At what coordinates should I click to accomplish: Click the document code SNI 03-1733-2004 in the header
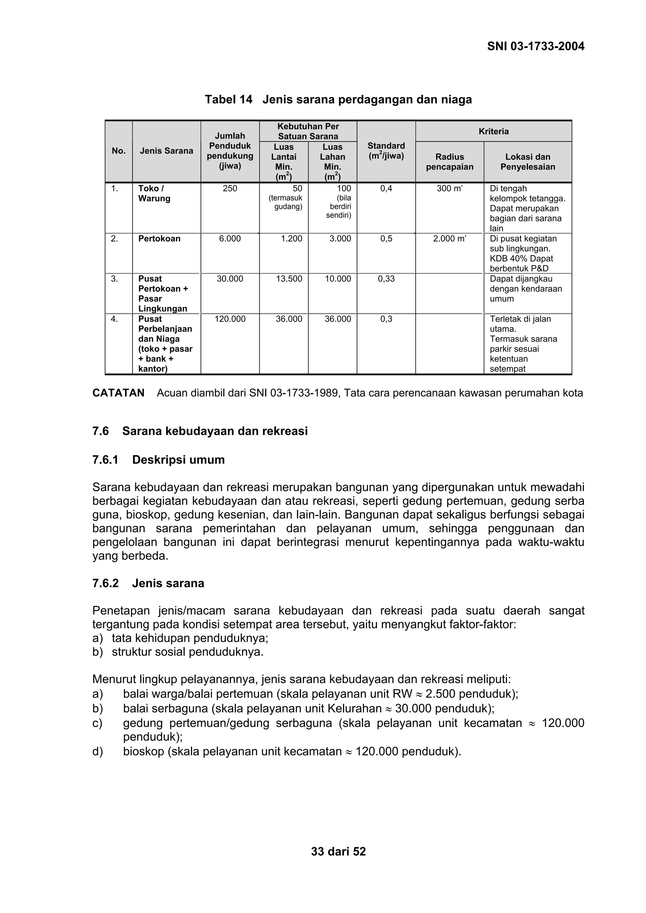pos(535,47)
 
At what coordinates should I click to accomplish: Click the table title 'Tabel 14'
pos(228,99)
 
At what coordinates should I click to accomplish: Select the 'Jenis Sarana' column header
pos(166,151)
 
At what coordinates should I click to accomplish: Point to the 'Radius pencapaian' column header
pos(449,162)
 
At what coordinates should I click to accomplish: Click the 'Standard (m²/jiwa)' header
pos(386,151)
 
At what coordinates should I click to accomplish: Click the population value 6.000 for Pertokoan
pos(230,239)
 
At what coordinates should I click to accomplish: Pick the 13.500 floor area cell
pos(289,279)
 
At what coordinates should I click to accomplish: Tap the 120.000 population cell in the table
pos(230,319)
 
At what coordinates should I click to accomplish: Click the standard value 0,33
pos(386,279)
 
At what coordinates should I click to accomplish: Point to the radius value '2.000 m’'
pos(449,239)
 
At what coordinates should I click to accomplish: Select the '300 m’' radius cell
pos(449,188)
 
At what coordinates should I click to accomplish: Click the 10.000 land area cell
pos(338,279)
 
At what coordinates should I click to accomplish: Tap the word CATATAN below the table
pos(118,393)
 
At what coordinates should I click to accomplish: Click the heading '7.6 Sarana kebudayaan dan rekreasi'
pos(200,431)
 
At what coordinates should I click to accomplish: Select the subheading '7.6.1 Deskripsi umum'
pos(158,460)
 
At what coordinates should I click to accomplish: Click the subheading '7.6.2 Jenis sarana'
pos(148,583)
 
